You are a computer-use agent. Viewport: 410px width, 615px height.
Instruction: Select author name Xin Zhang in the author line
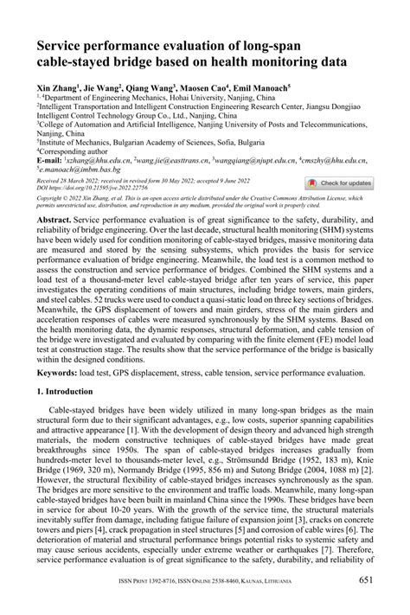point(56,87)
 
